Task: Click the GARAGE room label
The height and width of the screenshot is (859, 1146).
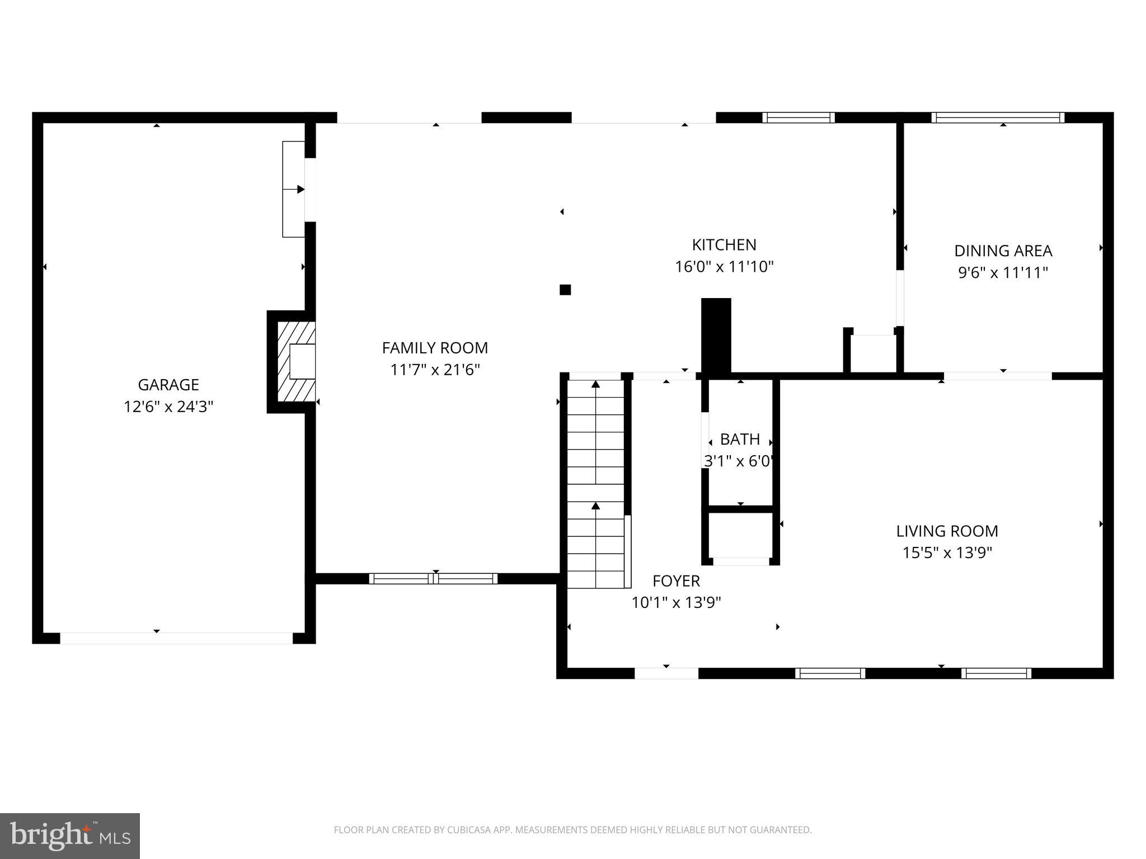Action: point(168,385)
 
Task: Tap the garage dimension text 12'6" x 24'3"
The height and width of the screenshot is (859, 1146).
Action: point(168,407)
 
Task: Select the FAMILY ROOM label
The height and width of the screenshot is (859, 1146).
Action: point(435,348)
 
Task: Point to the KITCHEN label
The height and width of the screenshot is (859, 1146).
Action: point(724,245)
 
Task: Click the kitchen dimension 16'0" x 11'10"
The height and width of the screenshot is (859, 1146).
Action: point(724,267)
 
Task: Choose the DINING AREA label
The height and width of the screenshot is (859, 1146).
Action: point(1003,251)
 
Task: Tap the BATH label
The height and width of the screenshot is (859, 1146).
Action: point(740,440)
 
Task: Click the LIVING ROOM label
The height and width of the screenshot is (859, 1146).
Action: point(947,531)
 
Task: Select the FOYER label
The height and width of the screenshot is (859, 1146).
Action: point(676,581)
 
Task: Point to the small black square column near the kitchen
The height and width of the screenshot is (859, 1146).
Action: point(565,290)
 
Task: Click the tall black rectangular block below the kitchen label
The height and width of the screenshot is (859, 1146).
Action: point(716,336)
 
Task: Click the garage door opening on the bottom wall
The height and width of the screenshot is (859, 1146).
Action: point(176,638)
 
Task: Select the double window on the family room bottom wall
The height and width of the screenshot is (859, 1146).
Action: point(433,579)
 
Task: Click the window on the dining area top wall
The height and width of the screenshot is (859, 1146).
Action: point(998,117)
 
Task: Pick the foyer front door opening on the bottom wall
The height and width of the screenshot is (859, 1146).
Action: point(666,673)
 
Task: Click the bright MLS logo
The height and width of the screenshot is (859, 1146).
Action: point(70,836)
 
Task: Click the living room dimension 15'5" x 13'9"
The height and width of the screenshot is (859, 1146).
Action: point(947,553)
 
